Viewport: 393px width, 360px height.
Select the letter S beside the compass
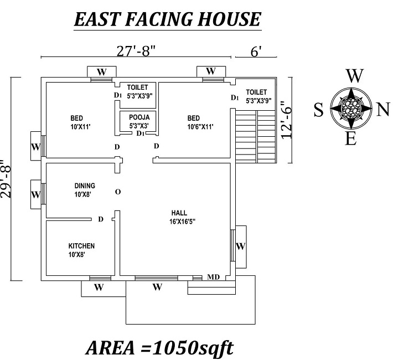(x=318, y=110)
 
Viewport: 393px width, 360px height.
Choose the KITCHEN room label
(x=81, y=250)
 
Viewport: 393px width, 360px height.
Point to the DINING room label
(x=85, y=189)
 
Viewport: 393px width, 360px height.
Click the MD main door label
(x=213, y=276)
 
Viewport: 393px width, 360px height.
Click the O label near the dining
(x=117, y=192)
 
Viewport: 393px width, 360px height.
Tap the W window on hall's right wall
(x=240, y=246)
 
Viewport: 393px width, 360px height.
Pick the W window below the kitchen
(x=99, y=287)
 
